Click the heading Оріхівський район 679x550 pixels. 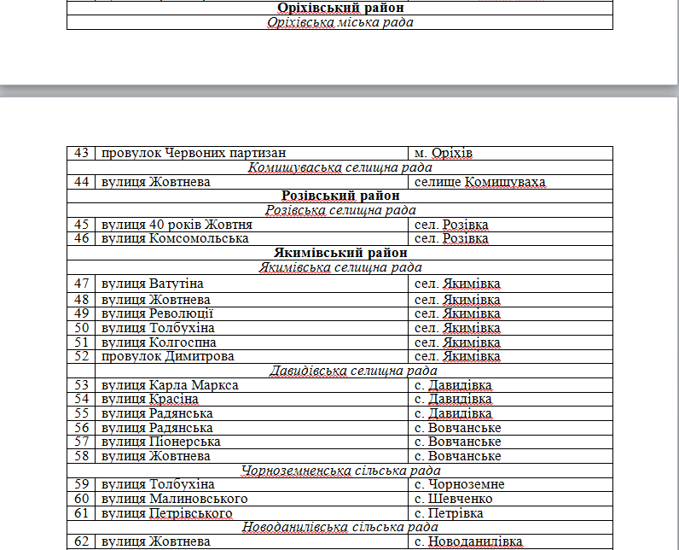339,8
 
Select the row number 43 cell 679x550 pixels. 82,153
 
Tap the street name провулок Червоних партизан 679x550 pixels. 193,153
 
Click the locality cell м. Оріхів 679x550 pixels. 444,153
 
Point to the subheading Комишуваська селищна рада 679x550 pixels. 339,167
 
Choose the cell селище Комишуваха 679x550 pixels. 479,182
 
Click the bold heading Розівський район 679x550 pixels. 339,196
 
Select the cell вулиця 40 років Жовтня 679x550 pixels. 177,225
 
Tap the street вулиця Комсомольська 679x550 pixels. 175,238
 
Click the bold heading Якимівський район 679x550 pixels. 339,253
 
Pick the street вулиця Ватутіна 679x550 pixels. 153,284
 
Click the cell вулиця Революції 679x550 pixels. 157,313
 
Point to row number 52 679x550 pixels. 82,356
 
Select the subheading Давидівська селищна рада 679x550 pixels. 339,371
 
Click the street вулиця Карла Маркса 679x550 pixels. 170,385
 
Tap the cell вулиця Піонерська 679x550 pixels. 161,442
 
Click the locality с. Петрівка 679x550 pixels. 449,513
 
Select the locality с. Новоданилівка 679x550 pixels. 468,541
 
